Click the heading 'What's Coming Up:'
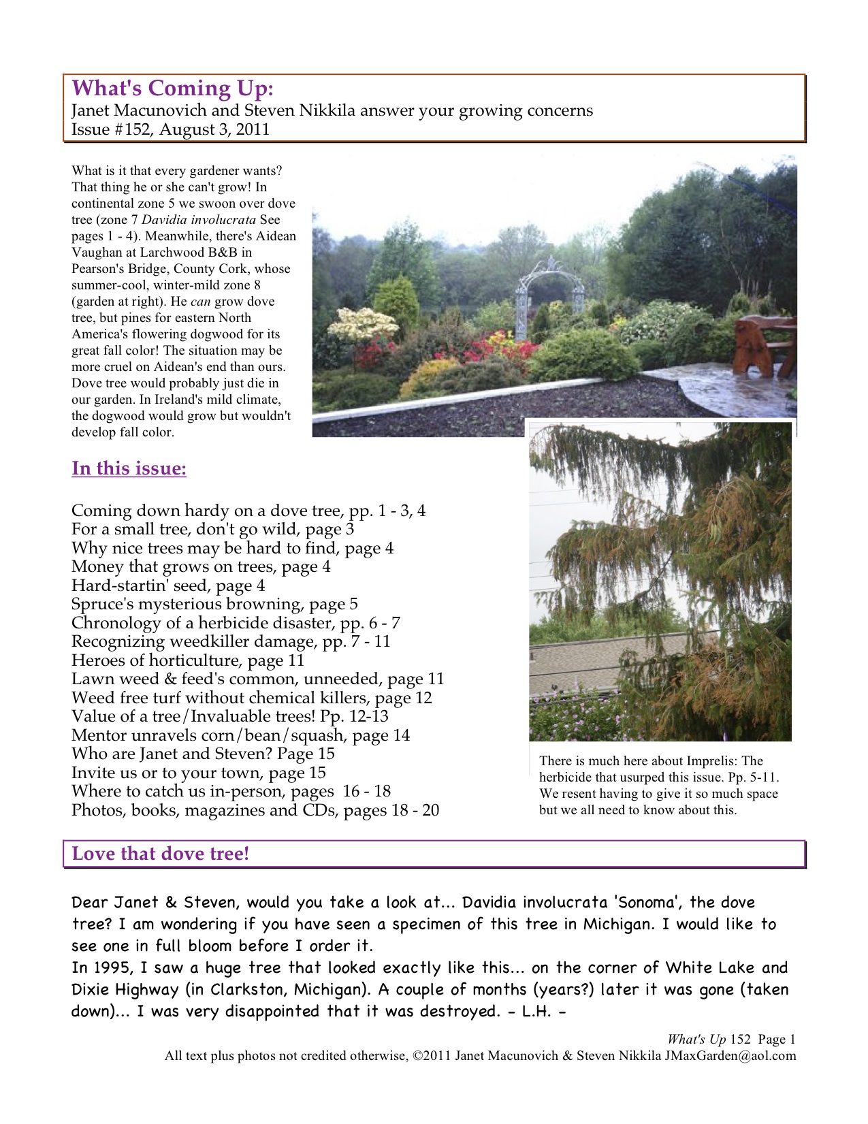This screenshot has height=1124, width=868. pos(172,89)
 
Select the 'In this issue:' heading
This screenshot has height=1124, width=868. pos(129,469)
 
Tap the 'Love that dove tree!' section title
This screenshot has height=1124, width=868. pos(160,854)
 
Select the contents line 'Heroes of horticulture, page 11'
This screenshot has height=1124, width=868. pos(188,660)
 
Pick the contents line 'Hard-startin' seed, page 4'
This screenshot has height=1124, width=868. pos(168,585)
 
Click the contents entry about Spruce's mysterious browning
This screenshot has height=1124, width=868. pos(214,605)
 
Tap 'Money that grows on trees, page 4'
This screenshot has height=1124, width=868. pos(201,567)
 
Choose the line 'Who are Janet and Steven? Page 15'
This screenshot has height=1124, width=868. pos(203,754)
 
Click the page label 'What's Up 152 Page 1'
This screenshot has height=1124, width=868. pos(730,1040)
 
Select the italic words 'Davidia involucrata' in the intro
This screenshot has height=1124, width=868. pos(199,220)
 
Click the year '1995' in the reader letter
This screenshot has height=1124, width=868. pos(111,968)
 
